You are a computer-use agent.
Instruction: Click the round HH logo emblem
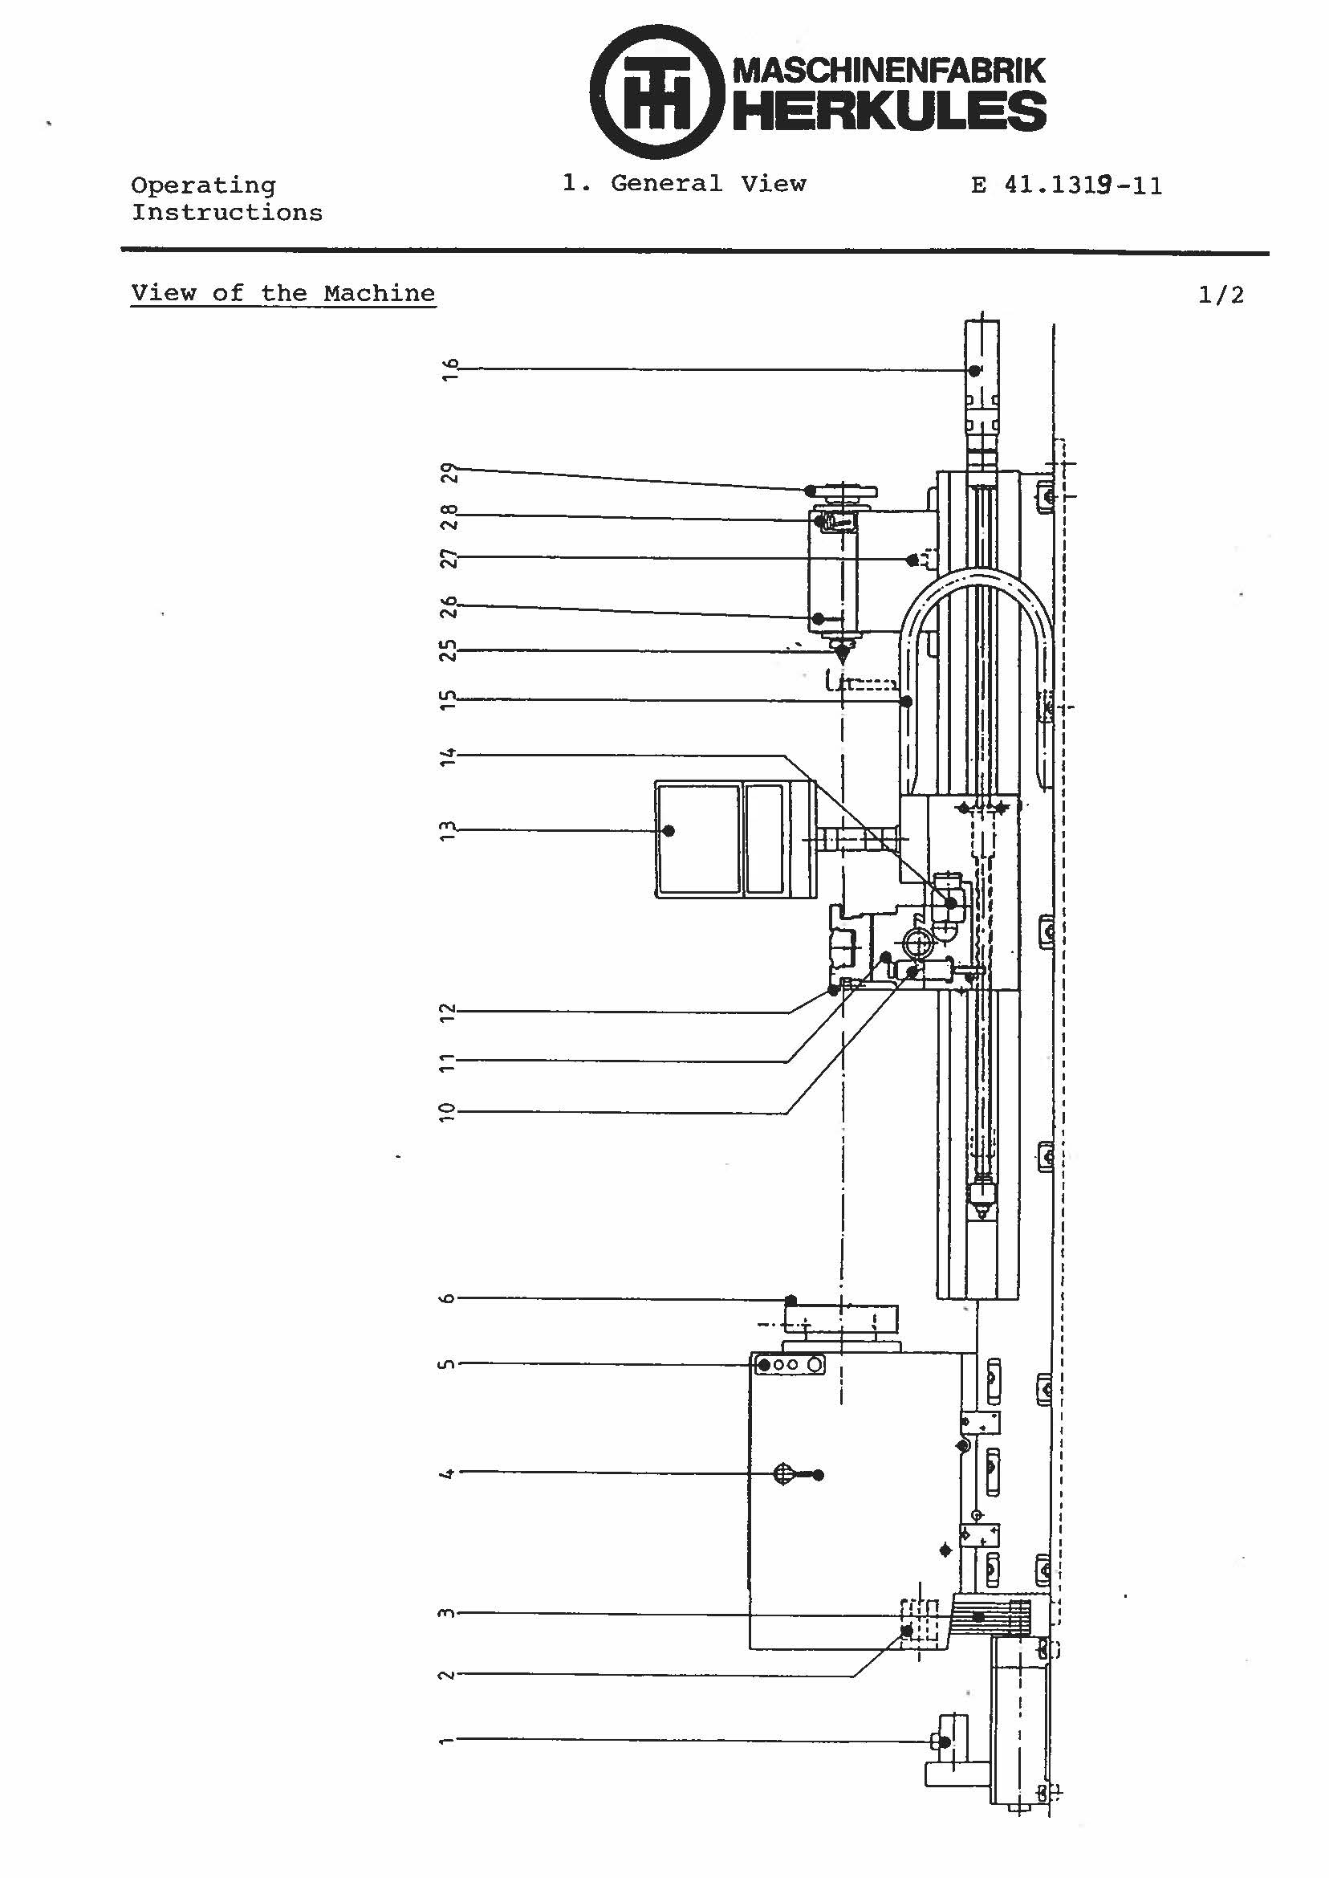[x=656, y=92]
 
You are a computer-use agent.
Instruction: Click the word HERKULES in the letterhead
[x=888, y=112]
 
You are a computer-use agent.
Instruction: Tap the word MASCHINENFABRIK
[x=888, y=70]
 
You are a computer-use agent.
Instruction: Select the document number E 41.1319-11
[x=1067, y=185]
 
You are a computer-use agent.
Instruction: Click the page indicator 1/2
[x=1220, y=295]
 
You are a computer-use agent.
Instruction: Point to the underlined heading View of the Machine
[x=283, y=293]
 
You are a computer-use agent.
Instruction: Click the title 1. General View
[x=684, y=183]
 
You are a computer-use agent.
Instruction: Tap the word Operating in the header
[x=203, y=185]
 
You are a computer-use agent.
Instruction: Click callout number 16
[x=449, y=369]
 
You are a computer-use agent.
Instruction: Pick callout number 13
[x=448, y=831]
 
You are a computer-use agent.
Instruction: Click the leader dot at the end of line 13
[x=669, y=831]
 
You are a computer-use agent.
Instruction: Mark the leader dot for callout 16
[x=974, y=371]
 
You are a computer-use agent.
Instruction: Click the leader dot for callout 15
[x=907, y=702]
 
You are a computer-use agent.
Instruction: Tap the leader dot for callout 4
[x=819, y=1475]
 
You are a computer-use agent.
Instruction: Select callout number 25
[x=449, y=651]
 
